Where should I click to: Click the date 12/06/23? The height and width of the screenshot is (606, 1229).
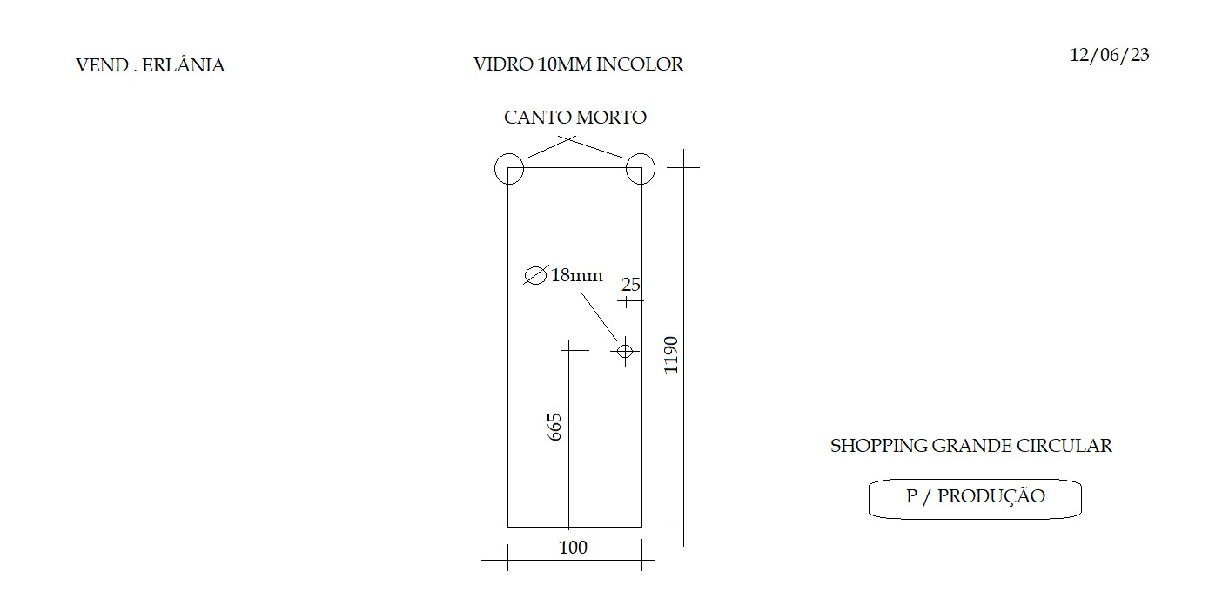pyautogui.click(x=1110, y=56)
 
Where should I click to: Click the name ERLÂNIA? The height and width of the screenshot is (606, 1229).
pyautogui.click(x=184, y=64)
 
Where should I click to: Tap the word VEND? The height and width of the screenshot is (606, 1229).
pyautogui.click(x=102, y=65)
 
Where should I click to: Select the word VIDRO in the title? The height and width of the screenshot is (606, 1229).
pyautogui.click(x=503, y=64)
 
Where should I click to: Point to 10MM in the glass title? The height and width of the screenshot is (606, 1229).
pyautogui.click(x=565, y=64)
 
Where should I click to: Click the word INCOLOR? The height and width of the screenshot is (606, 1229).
pyautogui.click(x=639, y=64)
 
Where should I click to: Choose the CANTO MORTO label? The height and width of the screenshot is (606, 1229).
pyautogui.click(x=575, y=118)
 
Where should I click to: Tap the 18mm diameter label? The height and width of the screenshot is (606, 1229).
pyautogui.click(x=576, y=275)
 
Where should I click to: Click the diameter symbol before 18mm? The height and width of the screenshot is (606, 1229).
pyautogui.click(x=535, y=275)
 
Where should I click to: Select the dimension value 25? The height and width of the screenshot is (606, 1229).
pyautogui.click(x=631, y=285)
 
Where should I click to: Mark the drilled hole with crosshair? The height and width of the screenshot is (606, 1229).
pyautogui.click(x=625, y=351)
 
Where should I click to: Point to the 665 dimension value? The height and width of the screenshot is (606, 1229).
pyautogui.click(x=554, y=427)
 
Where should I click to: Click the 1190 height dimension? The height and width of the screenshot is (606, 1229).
pyautogui.click(x=671, y=355)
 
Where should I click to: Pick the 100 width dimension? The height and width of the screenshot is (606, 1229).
pyautogui.click(x=573, y=548)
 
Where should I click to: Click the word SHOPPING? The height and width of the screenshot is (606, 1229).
pyautogui.click(x=879, y=446)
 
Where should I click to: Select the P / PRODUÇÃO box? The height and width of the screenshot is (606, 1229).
pyautogui.click(x=975, y=479)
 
